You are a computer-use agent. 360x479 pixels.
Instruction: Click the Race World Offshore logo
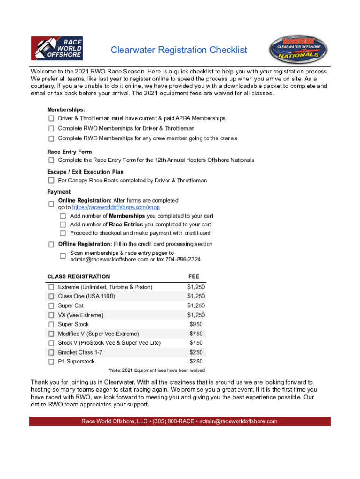pyautogui.click(x=57, y=48)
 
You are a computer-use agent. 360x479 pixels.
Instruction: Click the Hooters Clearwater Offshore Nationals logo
pyautogui.click(x=298, y=50)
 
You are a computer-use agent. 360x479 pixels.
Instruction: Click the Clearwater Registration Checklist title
pyautogui.click(x=179, y=50)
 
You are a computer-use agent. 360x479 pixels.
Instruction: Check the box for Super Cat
pyautogui.click(x=51, y=306)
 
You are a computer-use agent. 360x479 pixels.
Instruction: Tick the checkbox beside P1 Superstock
pyautogui.click(x=51, y=362)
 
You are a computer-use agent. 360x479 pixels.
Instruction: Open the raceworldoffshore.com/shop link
pyautogui.click(x=116, y=207)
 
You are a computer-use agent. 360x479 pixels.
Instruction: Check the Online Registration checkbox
pyautogui.click(x=51, y=204)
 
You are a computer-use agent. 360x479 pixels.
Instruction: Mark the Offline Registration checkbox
pyautogui.click(x=51, y=244)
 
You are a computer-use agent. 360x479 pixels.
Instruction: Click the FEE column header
pyautogui.click(x=194, y=276)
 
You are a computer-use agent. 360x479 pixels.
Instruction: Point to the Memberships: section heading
pyautogui.click(x=66, y=109)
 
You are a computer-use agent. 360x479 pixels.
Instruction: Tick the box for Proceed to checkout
pyautogui.click(x=63, y=233)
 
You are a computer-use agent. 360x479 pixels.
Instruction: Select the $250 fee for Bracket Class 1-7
pyautogui.click(x=196, y=352)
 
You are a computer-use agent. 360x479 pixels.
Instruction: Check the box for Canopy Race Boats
pyautogui.click(x=51, y=181)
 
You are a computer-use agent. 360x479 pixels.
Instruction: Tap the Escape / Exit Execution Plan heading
pyautogui.click(x=85, y=172)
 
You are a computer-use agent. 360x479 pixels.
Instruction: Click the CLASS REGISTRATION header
pyautogui.click(x=79, y=276)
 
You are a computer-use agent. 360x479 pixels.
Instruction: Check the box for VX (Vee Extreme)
pyautogui.click(x=51, y=315)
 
